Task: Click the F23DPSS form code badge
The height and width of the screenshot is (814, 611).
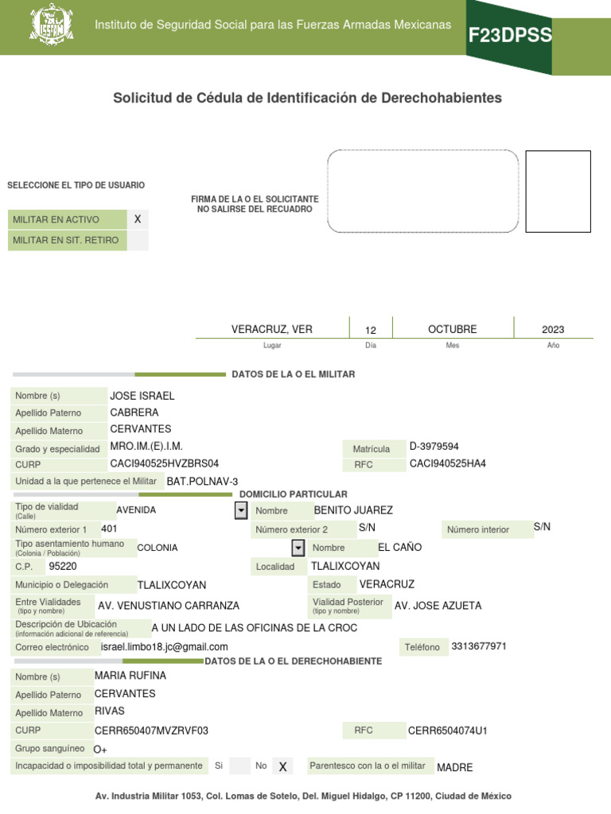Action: pyautogui.click(x=509, y=35)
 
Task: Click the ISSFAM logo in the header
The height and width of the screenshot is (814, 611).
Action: pyautogui.click(x=51, y=25)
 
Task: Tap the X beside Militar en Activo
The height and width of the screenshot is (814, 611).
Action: pyautogui.click(x=138, y=219)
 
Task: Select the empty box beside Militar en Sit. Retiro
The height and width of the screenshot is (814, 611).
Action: pyautogui.click(x=138, y=240)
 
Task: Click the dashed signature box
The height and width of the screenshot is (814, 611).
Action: pyautogui.click(x=422, y=191)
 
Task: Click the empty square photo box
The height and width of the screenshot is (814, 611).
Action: pyautogui.click(x=558, y=191)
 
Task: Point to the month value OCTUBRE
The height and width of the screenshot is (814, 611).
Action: pyautogui.click(x=452, y=329)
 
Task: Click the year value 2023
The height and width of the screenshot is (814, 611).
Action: pyautogui.click(x=553, y=330)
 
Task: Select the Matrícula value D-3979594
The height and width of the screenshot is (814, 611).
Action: pyautogui.click(x=434, y=447)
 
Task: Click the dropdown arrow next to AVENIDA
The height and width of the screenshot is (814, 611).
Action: pyautogui.click(x=241, y=510)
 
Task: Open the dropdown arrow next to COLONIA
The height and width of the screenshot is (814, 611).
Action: pyautogui.click(x=298, y=548)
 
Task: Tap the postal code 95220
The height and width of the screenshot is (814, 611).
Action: pyautogui.click(x=63, y=567)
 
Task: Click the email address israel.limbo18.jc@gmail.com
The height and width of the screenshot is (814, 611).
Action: pyautogui.click(x=165, y=647)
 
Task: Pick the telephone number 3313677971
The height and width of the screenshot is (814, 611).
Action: pyautogui.click(x=478, y=645)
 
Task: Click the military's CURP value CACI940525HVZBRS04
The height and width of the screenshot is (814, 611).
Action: pyautogui.click(x=164, y=463)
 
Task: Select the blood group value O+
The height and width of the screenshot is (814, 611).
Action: pyautogui.click(x=100, y=749)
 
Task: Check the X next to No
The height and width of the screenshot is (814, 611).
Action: pyautogui.click(x=282, y=766)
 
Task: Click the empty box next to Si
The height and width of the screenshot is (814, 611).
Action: pyautogui.click(x=239, y=766)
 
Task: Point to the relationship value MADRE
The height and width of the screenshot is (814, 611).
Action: pyautogui.click(x=454, y=767)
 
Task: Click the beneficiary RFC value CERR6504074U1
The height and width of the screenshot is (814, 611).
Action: pyautogui.click(x=447, y=730)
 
